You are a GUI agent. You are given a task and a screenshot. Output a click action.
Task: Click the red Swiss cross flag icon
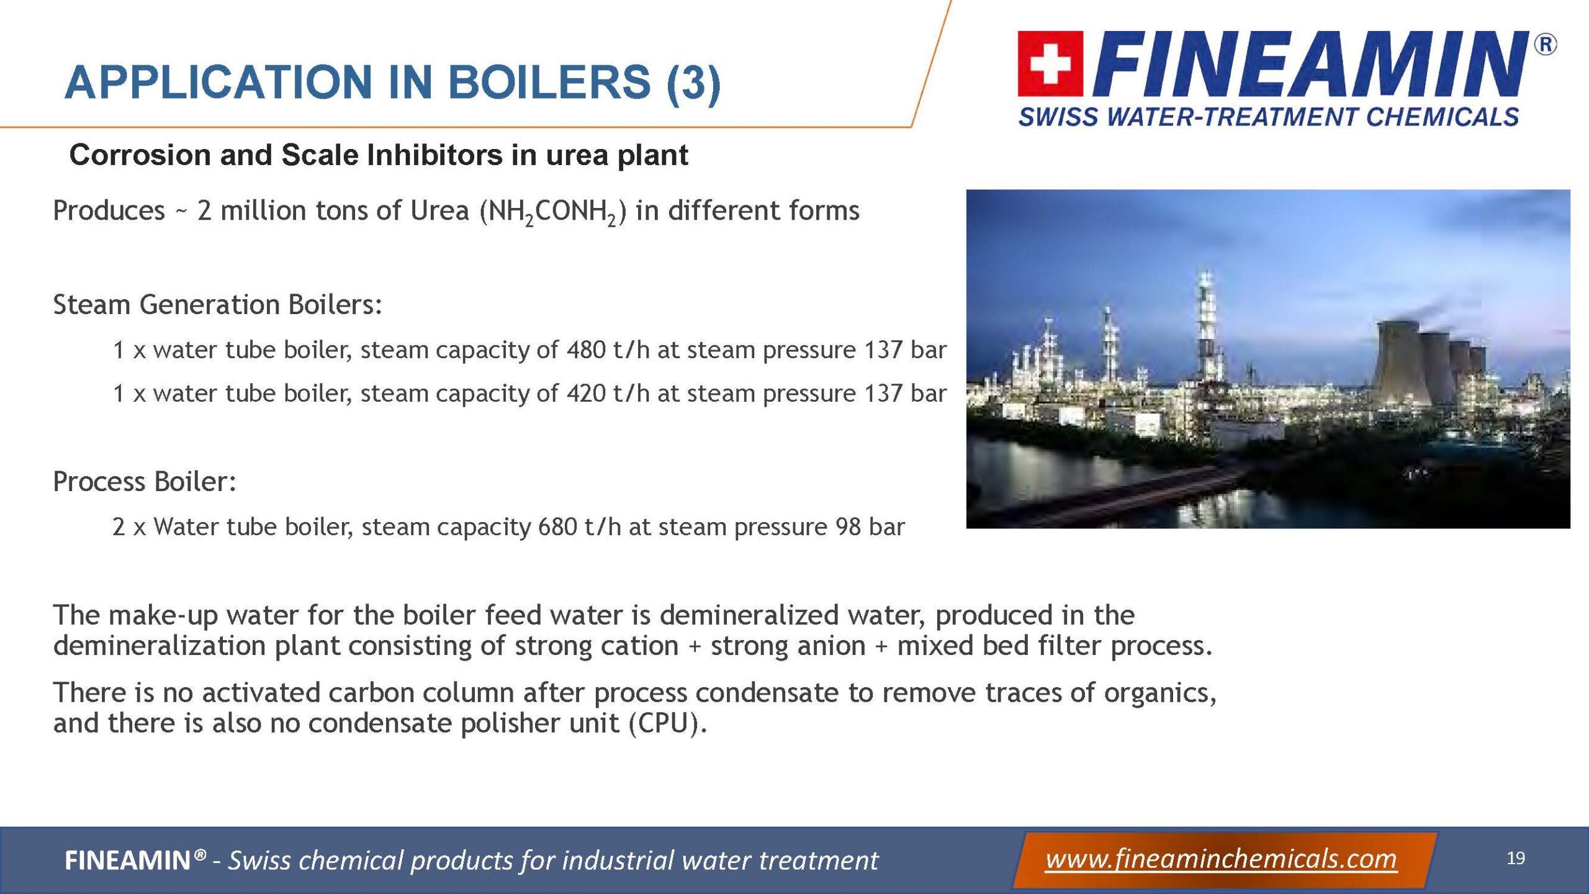1050,64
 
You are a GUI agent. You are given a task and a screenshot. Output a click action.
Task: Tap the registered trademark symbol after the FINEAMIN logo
1545,45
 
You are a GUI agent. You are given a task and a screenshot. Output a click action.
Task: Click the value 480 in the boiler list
586,350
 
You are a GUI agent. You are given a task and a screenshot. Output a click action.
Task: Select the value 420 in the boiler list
586,394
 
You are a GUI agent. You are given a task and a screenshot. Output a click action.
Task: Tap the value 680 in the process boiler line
557,527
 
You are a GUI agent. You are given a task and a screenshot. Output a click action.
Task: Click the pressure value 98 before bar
848,527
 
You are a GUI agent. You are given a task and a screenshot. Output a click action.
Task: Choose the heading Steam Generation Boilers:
217,305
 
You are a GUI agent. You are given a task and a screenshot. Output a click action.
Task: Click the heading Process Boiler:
145,482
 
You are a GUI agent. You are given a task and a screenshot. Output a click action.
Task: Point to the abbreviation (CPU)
668,723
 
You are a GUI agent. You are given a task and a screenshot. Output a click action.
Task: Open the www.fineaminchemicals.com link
1221,860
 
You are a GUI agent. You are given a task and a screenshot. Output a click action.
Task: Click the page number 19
1516,859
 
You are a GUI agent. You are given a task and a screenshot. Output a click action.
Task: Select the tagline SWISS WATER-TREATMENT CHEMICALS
1269,117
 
